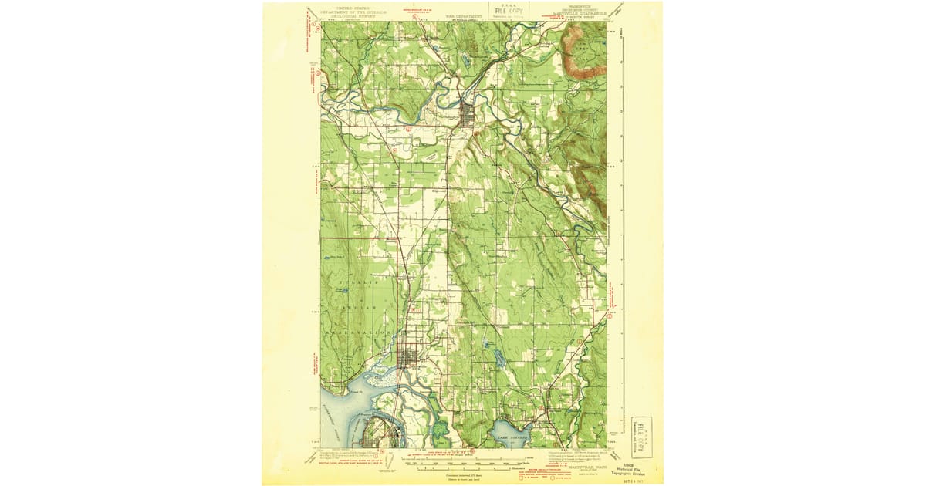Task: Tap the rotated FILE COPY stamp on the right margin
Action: point(646,437)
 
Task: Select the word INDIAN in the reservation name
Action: point(357,307)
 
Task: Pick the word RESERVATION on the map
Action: point(360,331)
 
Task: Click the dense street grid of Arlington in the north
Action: point(468,116)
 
